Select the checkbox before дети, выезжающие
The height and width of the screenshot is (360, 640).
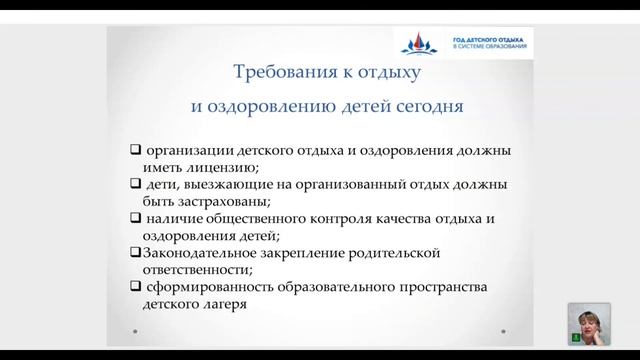(136, 185)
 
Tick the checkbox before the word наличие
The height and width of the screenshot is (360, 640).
(136, 219)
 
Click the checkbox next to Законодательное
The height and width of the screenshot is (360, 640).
(136, 253)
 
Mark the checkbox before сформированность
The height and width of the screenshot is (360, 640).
(136, 288)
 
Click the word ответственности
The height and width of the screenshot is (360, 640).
(188, 270)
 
